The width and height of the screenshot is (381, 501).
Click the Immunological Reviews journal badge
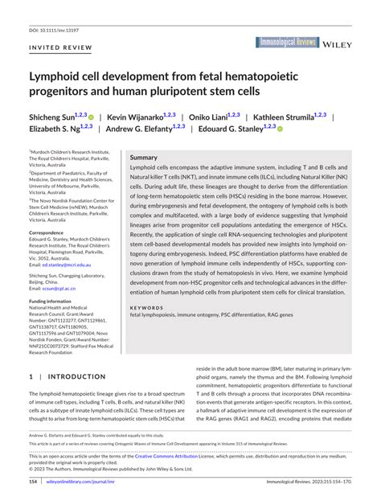point(288,42)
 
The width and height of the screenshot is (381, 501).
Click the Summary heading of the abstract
point(144,158)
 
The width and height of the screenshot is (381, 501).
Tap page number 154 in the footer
point(34,482)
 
